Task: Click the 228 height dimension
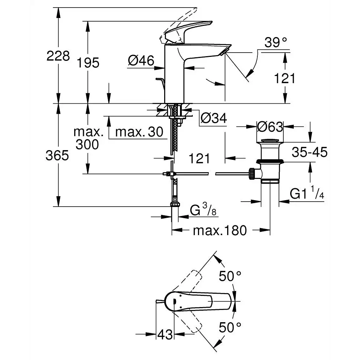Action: [58, 56]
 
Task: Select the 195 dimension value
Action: [88, 63]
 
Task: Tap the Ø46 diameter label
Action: [141, 61]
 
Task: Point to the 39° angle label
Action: [277, 43]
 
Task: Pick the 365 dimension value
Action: [57, 156]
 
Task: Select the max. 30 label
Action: [139, 132]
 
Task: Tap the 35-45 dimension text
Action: [309, 152]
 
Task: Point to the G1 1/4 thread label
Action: [307, 194]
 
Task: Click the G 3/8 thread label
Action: [203, 210]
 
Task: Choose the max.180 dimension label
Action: [220, 230]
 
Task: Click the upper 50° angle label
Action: [230, 276]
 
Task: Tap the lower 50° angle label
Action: [230, 327]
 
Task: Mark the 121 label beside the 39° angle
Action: [285, 78]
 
